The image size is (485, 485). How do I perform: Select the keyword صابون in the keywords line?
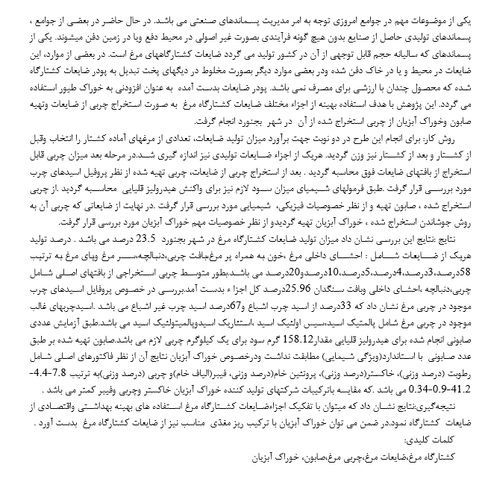323,455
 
